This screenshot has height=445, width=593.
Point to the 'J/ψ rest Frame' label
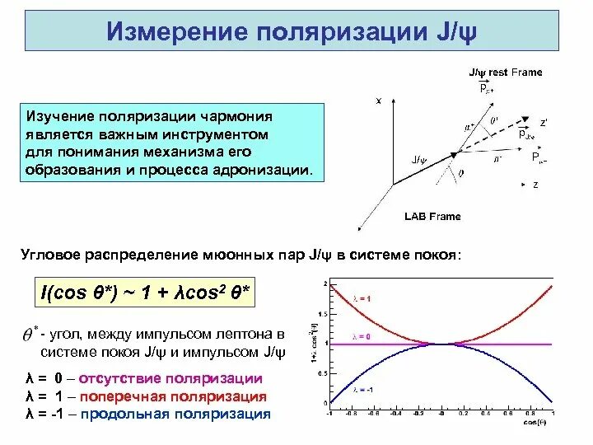pyautogui.click(x=505, y=73)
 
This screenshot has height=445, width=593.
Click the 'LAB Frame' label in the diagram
pyautogui.click(x=432, y=217)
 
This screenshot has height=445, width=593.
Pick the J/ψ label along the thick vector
pyautogui.click(x=418, y=159)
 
